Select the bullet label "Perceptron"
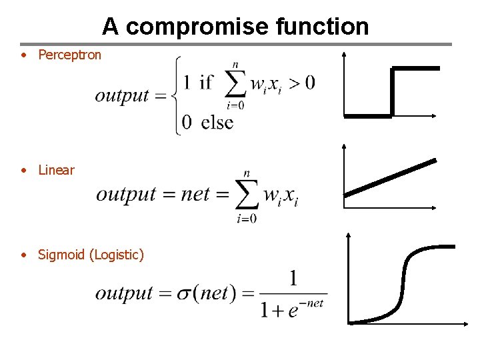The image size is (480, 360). tap(69, 55)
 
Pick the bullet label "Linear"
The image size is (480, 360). tap(56, 170)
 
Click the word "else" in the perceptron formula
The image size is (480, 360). tap(217, 122)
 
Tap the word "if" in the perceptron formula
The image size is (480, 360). tap(206, 83)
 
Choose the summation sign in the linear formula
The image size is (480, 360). tap(247, 195)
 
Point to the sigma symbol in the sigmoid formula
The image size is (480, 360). tap(184, 293)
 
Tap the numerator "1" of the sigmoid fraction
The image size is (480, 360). tap(293, 279)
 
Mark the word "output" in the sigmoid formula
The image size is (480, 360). tap(124, 293)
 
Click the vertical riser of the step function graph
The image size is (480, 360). tap(393, 92)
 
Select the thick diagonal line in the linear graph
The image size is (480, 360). tap(390, 177)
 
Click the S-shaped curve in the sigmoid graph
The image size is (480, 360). tap(403, 283)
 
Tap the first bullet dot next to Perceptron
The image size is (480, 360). tap(23, 55)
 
